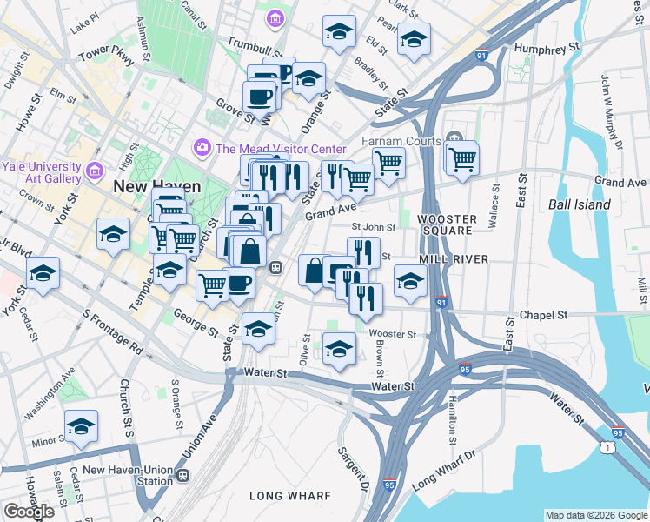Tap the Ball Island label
[580, 204]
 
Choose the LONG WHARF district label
[289, 496]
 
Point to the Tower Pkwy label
[105, 53]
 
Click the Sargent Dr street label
[355, 465]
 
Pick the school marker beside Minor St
[81, 426]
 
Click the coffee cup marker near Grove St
[259, 96]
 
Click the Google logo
[29, 512]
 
